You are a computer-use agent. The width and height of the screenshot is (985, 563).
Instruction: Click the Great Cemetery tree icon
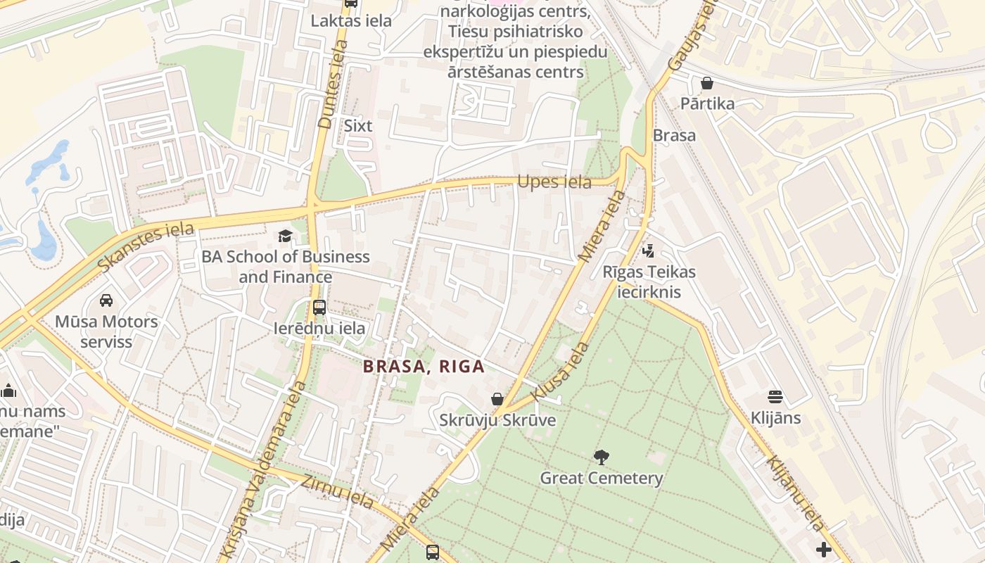click(x=601, y=458)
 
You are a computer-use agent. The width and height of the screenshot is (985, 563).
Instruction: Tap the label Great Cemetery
click(x=601, y=479)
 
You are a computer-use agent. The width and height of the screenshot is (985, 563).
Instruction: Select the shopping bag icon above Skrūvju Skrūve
click(x=497, y=400)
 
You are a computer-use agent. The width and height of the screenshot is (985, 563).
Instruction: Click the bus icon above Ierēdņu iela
click(x=319, y=308)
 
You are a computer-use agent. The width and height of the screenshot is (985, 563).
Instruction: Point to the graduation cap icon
click(x=285, y=236)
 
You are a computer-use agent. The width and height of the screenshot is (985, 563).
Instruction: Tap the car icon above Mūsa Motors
click(x=106, y=301)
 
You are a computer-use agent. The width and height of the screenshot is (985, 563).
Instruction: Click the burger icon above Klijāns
click(x=775, y=397)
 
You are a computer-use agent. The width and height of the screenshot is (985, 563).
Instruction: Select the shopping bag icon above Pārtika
click(x=707, y=83)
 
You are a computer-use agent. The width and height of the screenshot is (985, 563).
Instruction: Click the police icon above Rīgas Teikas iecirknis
click(x=648, y=251)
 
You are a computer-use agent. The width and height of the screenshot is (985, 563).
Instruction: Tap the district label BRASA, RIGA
click(x=424, y=367)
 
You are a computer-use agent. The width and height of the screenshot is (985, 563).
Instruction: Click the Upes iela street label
click(x=554, y=182)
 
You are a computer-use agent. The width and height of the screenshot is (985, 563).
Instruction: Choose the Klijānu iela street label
click(x=795, y=493)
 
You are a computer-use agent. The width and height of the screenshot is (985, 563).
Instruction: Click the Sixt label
click(x=357, y=126)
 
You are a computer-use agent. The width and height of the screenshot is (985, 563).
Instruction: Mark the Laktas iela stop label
click(x=351, y=21)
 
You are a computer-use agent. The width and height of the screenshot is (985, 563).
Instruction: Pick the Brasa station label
click(x=674, y=135)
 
